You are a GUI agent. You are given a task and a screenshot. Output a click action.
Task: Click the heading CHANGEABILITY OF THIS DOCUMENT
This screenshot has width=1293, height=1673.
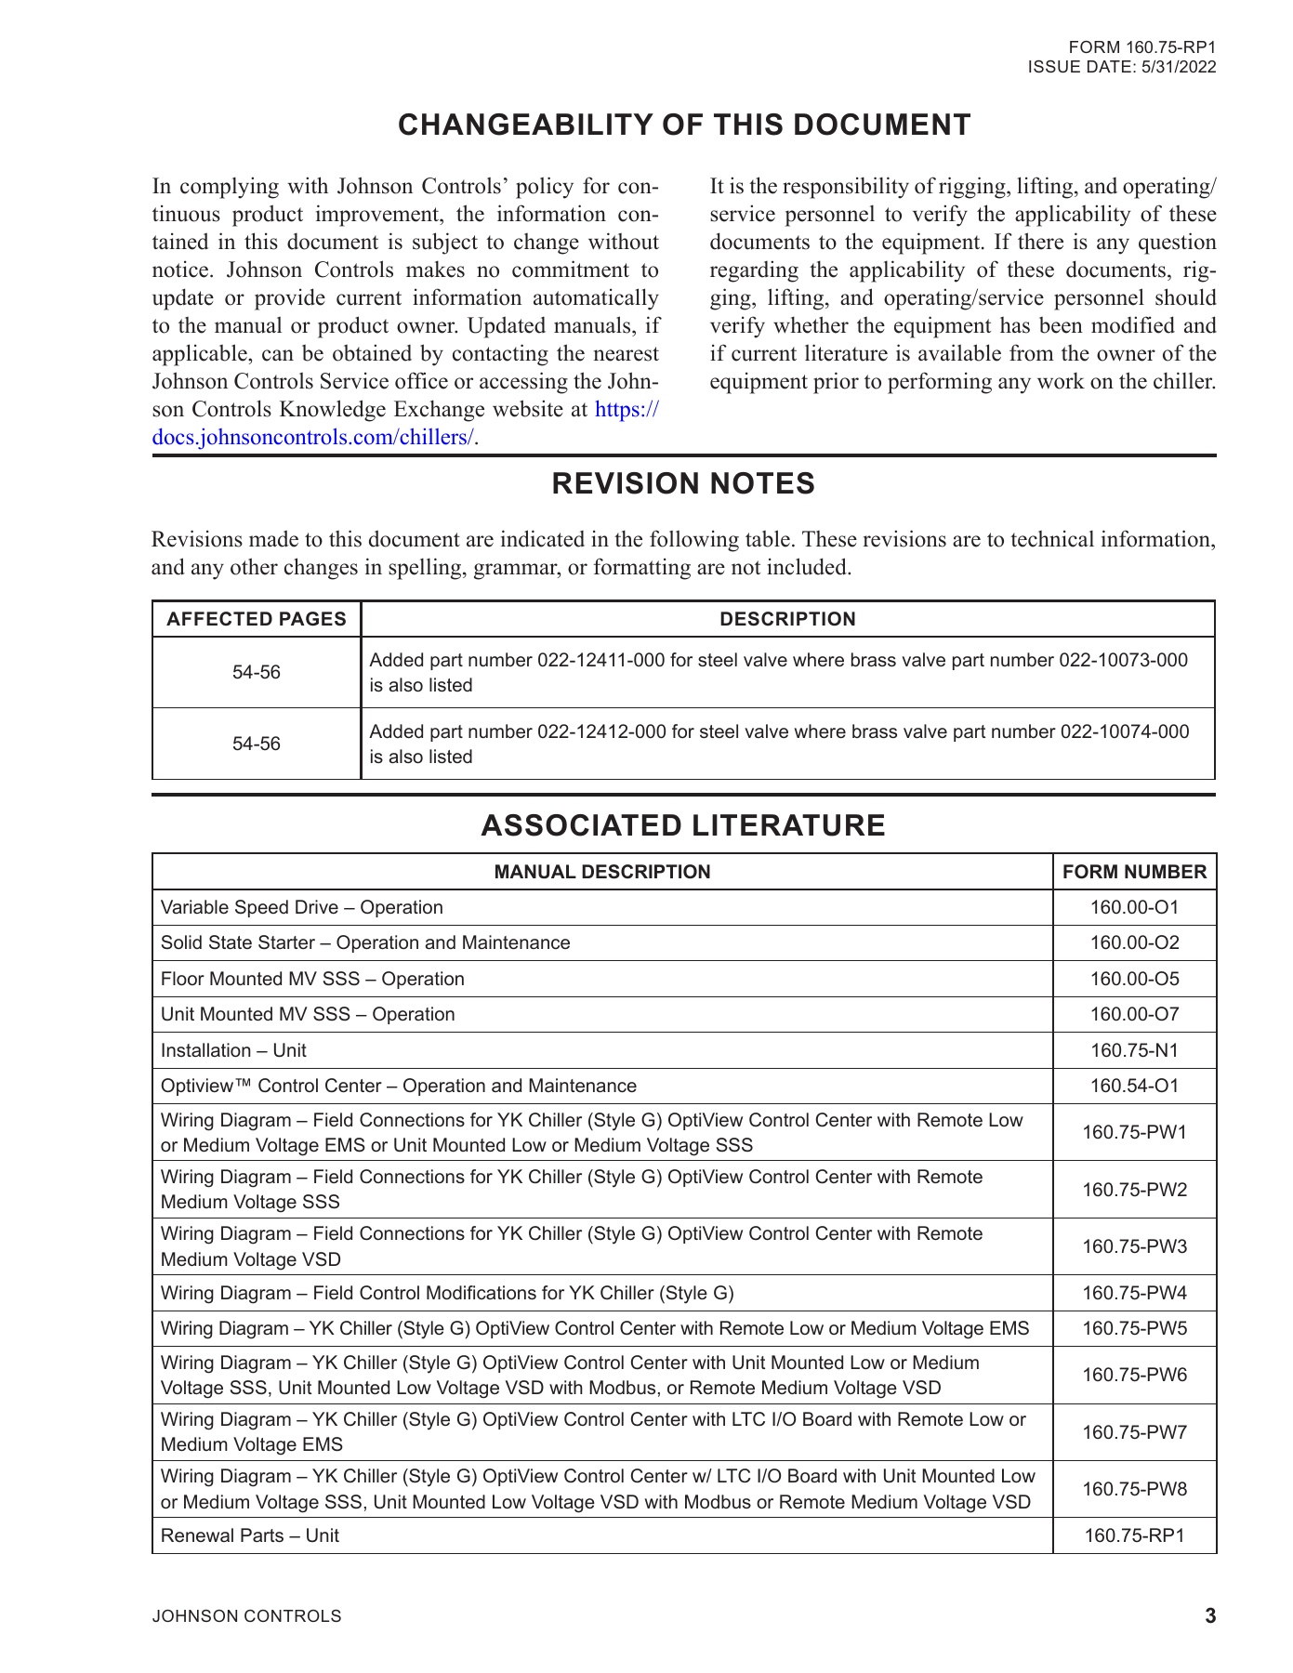click(x=684, y=125)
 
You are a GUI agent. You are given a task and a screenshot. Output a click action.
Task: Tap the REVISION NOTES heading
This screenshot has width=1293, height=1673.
click(x=683, y=484)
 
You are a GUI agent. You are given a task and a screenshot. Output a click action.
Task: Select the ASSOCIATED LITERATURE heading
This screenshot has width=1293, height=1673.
click(x=683, y=825)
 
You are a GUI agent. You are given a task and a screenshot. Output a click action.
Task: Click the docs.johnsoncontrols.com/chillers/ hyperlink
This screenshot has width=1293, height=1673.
click(x=313, y=438)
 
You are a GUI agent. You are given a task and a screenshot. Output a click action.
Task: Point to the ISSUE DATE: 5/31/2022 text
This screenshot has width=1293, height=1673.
click(x=1121, y=67)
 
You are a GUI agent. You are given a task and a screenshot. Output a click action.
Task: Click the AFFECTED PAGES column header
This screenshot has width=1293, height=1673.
click(x=257, y=619)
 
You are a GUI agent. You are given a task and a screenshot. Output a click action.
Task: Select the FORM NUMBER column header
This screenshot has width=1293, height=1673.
click(x=1134, y=872)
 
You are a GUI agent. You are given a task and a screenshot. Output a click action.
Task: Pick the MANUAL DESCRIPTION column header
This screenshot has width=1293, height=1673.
click(x=602, y=872)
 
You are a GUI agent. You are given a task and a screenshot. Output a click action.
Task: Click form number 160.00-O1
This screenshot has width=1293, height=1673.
click(x=1134, y=907)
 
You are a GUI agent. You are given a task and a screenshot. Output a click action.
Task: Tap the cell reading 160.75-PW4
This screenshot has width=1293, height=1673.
click(x=1134, y=1293)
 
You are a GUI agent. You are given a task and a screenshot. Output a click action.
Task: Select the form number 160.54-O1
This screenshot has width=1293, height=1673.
click(x=1134, y=1086)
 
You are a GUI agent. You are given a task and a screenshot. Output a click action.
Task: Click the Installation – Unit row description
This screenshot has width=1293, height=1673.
click(x=233, y=1050)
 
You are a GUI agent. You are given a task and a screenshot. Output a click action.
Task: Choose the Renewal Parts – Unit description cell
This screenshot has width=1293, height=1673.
click(x=250, y=1535)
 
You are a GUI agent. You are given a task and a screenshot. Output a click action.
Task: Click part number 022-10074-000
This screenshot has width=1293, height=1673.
click(x=1124, y=731)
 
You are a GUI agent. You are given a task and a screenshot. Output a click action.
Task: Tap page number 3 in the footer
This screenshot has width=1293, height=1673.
click(x=1209, y=1616)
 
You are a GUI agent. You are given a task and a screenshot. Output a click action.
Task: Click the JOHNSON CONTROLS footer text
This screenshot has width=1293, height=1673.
click(x=246, y=1616)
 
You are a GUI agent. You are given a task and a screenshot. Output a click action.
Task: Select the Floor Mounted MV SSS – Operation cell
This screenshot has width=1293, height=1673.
click(x=312, y=979)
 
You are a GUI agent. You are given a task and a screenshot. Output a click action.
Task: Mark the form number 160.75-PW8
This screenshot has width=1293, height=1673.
click(x=1134, y=1489)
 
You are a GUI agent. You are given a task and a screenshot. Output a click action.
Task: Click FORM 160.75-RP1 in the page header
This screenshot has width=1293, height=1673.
click(x=1141, y=47)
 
